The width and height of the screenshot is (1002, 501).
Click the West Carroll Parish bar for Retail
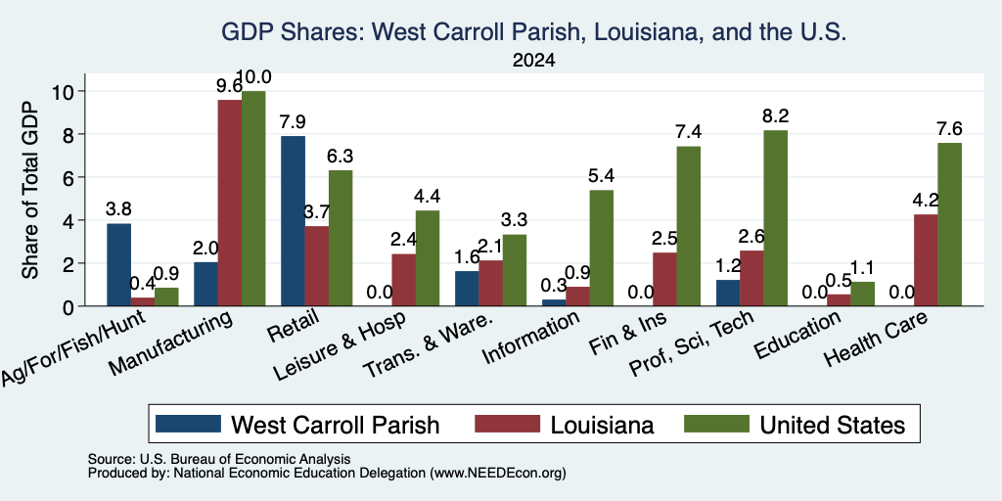coord(293,221)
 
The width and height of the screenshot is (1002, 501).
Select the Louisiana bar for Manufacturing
coord(229,204)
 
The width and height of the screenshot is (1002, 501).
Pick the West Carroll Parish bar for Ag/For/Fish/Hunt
coord(118,264)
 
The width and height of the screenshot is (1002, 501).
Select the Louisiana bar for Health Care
coord(926,260)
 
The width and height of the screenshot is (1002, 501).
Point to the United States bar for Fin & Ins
coord(688,226)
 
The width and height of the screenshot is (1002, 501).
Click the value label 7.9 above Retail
coord(293,122)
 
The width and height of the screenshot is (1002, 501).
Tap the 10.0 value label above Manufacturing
coord(253,77)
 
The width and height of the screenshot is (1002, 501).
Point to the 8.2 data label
coord(775,116)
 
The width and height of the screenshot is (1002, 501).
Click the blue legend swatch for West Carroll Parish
coord(188,424)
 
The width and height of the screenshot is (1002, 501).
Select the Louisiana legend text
coord(602,425)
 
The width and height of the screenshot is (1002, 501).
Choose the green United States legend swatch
coord(716,424)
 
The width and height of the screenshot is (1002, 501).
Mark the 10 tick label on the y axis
coord(66,91)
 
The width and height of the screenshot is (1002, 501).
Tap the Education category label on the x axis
coord(797,336)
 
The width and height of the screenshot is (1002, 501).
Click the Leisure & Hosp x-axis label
coord(340,347)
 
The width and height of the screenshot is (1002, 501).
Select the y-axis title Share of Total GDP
coord(30,190)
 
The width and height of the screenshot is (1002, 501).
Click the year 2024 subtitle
coord(533,61)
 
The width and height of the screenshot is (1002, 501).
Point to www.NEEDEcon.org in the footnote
coord(498,474)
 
